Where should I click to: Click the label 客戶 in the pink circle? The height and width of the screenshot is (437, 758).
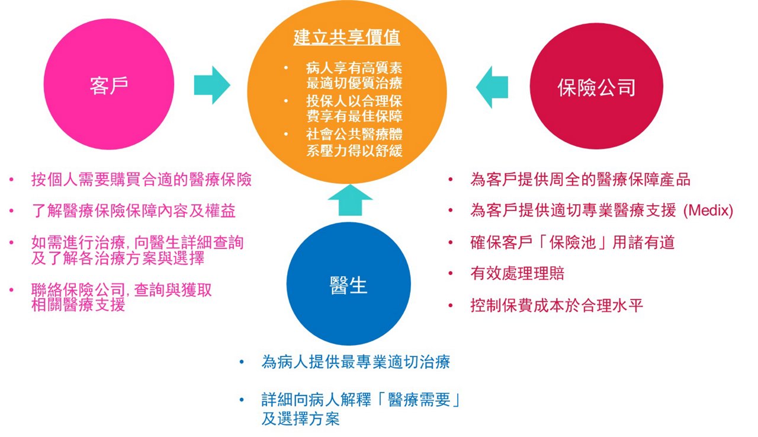[x=109, y=85]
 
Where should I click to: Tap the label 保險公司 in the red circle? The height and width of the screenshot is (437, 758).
[x=596, y=87]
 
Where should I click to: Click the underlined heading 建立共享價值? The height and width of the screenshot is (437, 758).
[x=347, y=37]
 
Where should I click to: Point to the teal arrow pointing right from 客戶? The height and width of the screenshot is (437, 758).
[x=212, y=85]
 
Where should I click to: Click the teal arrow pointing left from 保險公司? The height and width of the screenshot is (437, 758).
[x=492, y=87]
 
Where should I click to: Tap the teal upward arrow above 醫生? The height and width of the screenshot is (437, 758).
[x=350, y=200]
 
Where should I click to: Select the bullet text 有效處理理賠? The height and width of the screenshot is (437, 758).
[x=518, y=273]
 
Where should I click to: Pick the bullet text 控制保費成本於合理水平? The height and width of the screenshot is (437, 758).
[x=557, y=305]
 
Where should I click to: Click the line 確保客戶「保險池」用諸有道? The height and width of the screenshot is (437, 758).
[x=573, y=242]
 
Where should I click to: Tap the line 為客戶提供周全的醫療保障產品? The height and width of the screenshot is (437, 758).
[x=580, y=179]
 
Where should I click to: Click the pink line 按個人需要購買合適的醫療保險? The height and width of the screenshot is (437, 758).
[x=142, y=179]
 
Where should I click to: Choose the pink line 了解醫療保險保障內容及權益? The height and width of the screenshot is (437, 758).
[x=133, y=210]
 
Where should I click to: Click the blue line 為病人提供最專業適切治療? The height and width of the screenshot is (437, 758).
[x=356, y=362]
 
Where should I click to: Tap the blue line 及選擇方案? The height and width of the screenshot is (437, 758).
[x=300, y=419]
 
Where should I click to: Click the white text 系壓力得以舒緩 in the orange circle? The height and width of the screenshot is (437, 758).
[x=354, y=151]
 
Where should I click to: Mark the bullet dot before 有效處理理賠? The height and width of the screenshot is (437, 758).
[x=451, y=273]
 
